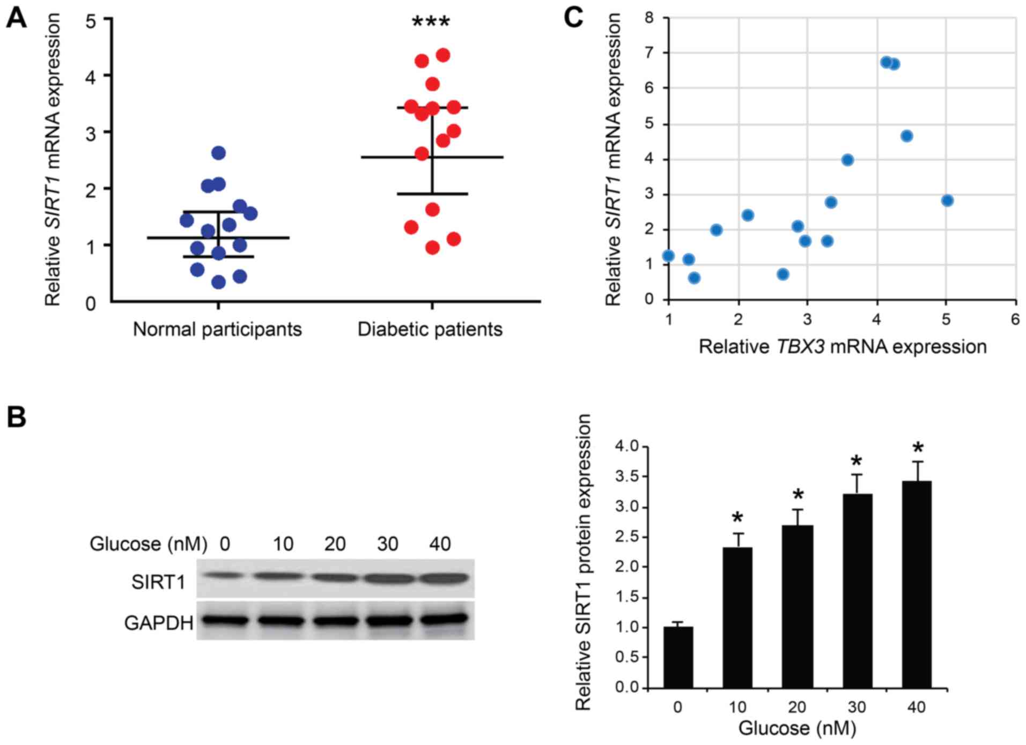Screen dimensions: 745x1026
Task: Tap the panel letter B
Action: (16, 417)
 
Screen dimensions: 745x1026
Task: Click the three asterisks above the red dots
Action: (431, 23)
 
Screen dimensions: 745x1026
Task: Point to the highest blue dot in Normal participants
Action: (218, 153)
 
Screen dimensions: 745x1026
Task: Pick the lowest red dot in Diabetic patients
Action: (432, 248)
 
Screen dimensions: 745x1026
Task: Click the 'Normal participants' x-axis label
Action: (217, 329)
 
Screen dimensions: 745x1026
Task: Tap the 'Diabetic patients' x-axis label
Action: (430, 329)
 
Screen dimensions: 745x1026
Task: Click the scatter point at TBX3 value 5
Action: (947, 200)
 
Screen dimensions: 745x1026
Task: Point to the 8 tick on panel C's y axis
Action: (649, 18)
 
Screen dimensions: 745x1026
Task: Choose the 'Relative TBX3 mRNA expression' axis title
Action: (843, 347)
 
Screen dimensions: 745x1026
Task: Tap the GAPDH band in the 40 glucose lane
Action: (443, 620)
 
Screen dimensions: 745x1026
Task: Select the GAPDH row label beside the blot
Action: (159, 623)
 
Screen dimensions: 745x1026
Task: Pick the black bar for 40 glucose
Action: (917, 584)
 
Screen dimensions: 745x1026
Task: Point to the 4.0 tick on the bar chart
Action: (627, 446)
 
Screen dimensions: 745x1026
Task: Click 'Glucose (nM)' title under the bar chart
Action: (797, 728)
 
